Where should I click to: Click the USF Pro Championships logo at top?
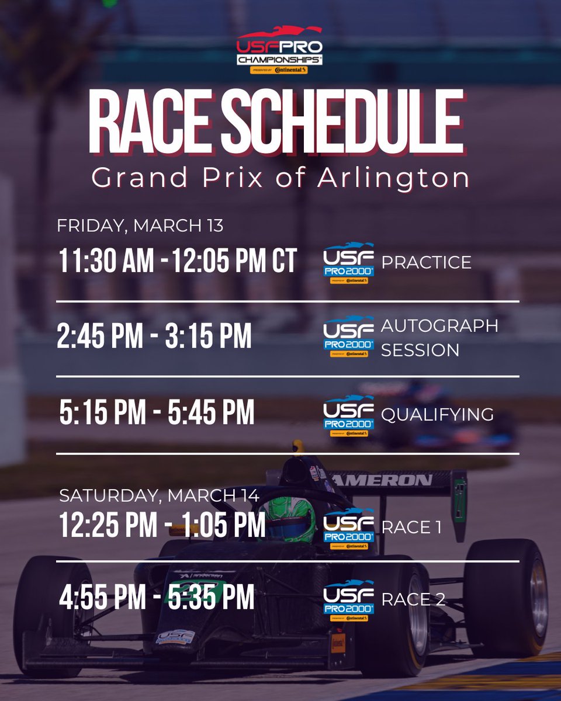click(x=279, y=50)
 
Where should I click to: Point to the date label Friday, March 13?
click(x=140, y=226)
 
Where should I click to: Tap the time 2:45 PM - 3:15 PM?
click(x=155, y=337)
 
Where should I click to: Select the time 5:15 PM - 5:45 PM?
click(x=157, y=413)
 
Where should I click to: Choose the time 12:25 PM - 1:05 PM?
click(x=162, y=526)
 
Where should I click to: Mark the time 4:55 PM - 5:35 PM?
click(x=157, y=597)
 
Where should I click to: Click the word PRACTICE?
click(x=426, y=262)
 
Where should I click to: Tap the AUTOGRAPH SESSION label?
click(x=439, y=338)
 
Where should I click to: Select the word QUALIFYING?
click(x=437, y=414)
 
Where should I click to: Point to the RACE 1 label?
click(x=411, y=528)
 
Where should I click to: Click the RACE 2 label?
click(x=413, y=599)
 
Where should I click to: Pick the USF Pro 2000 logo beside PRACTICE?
click(x=348, y=263)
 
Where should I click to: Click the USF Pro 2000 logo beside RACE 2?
click(x=348, y=600)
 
